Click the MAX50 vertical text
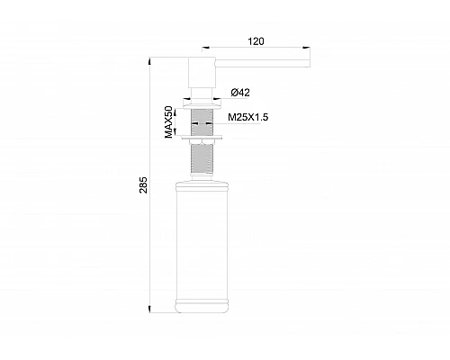(x=168, y=121)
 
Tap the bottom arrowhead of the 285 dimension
(x=152, y=309)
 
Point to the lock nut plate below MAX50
(x=203, y=139)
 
